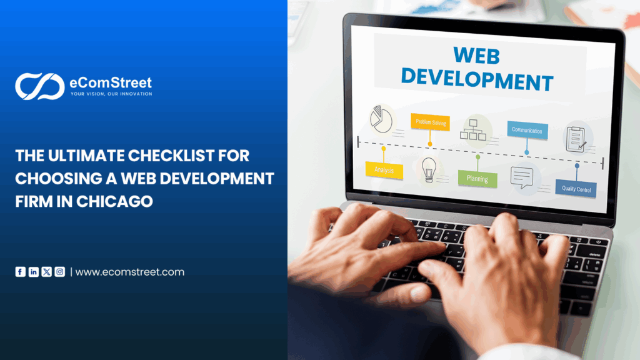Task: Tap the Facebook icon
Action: point(21,272)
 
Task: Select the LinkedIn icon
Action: point(34,272)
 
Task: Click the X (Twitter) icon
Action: point(47,272)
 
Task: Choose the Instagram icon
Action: point(60,272)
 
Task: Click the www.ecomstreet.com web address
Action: point(130,272)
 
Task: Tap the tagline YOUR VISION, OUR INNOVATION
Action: point(111,94)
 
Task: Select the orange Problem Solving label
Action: point(430,122)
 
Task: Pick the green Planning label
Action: point(477,178)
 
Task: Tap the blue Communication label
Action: point(527,130)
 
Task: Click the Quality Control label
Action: point(576,189)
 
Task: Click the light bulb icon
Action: point(429,168)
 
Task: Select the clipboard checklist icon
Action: point(576,138)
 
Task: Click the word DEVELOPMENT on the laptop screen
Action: point(477,81)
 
